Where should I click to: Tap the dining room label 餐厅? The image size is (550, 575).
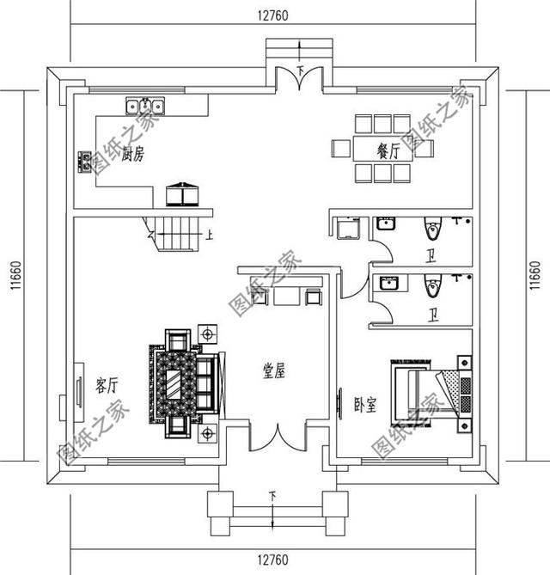[388, 150]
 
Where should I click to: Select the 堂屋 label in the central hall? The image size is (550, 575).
[273, 371]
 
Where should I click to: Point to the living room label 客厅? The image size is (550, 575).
[106, 386]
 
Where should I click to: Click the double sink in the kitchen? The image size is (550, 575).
[140, 107]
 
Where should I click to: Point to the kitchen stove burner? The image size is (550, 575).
[86, 160]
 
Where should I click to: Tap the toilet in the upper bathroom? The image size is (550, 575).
[431, 230]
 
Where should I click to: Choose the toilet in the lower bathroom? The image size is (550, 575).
[431, 284]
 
